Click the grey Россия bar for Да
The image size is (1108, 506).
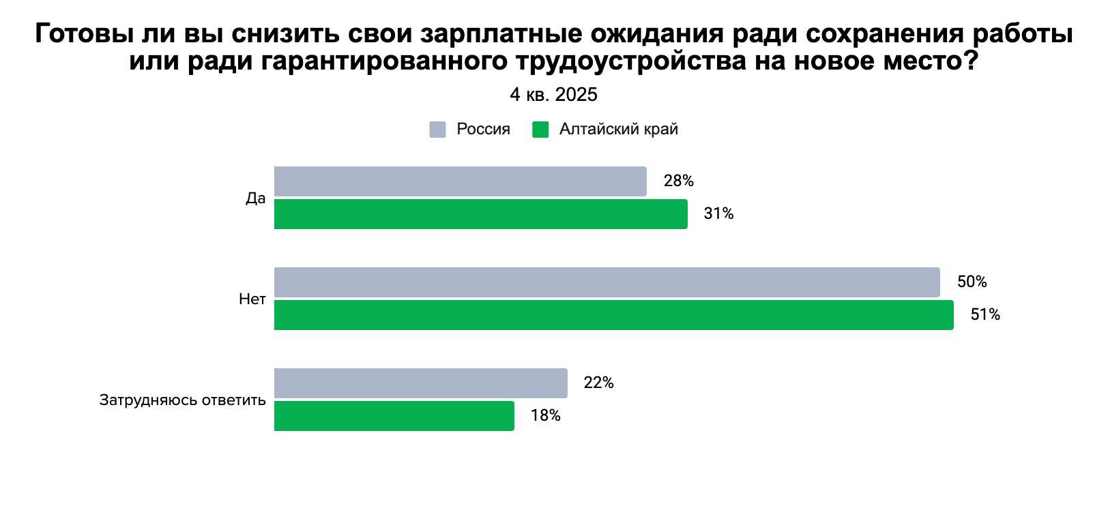[x=460, y=181]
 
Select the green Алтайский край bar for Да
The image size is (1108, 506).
[x=480, y=214]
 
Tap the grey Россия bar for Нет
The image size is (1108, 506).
[x=607, y=282]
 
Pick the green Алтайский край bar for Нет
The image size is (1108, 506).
[x=613, y=315]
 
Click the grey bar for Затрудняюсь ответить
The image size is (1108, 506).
[x=420, y=383]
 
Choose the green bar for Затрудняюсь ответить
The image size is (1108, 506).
[x=394, y=416]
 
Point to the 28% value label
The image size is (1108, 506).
[x=678, y=181]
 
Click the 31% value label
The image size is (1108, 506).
[x=718, y=214]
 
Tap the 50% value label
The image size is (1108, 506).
[x=972, y=282]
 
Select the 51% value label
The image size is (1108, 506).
[x=985, y=315]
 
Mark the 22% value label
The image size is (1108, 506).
[x=598, y=383]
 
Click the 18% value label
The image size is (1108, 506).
[x=545, y=416]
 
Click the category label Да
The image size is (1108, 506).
[x=255, y=198]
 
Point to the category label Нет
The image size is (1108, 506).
[x=252, y=299]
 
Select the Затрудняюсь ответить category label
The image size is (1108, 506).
[x=182, y=400]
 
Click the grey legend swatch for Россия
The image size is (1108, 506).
[x=437, y=130]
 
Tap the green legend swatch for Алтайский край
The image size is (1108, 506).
[x=540, y=130]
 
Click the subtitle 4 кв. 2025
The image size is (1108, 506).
[x=553, y=95]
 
